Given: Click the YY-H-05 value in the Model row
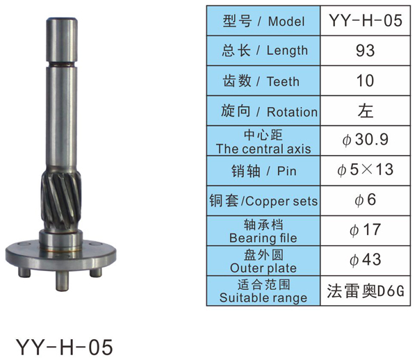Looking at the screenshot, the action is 366,20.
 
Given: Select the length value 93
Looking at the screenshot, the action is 366,51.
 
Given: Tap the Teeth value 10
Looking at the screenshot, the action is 366,81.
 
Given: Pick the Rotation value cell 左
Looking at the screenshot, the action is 366,111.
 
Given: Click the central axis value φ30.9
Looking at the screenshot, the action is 366,139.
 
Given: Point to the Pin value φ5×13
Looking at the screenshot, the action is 366,170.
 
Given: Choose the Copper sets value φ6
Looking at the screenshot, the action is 366,199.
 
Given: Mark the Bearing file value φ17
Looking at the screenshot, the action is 366,229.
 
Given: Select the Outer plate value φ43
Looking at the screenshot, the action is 366,260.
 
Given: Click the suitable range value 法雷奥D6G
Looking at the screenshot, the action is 366,291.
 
